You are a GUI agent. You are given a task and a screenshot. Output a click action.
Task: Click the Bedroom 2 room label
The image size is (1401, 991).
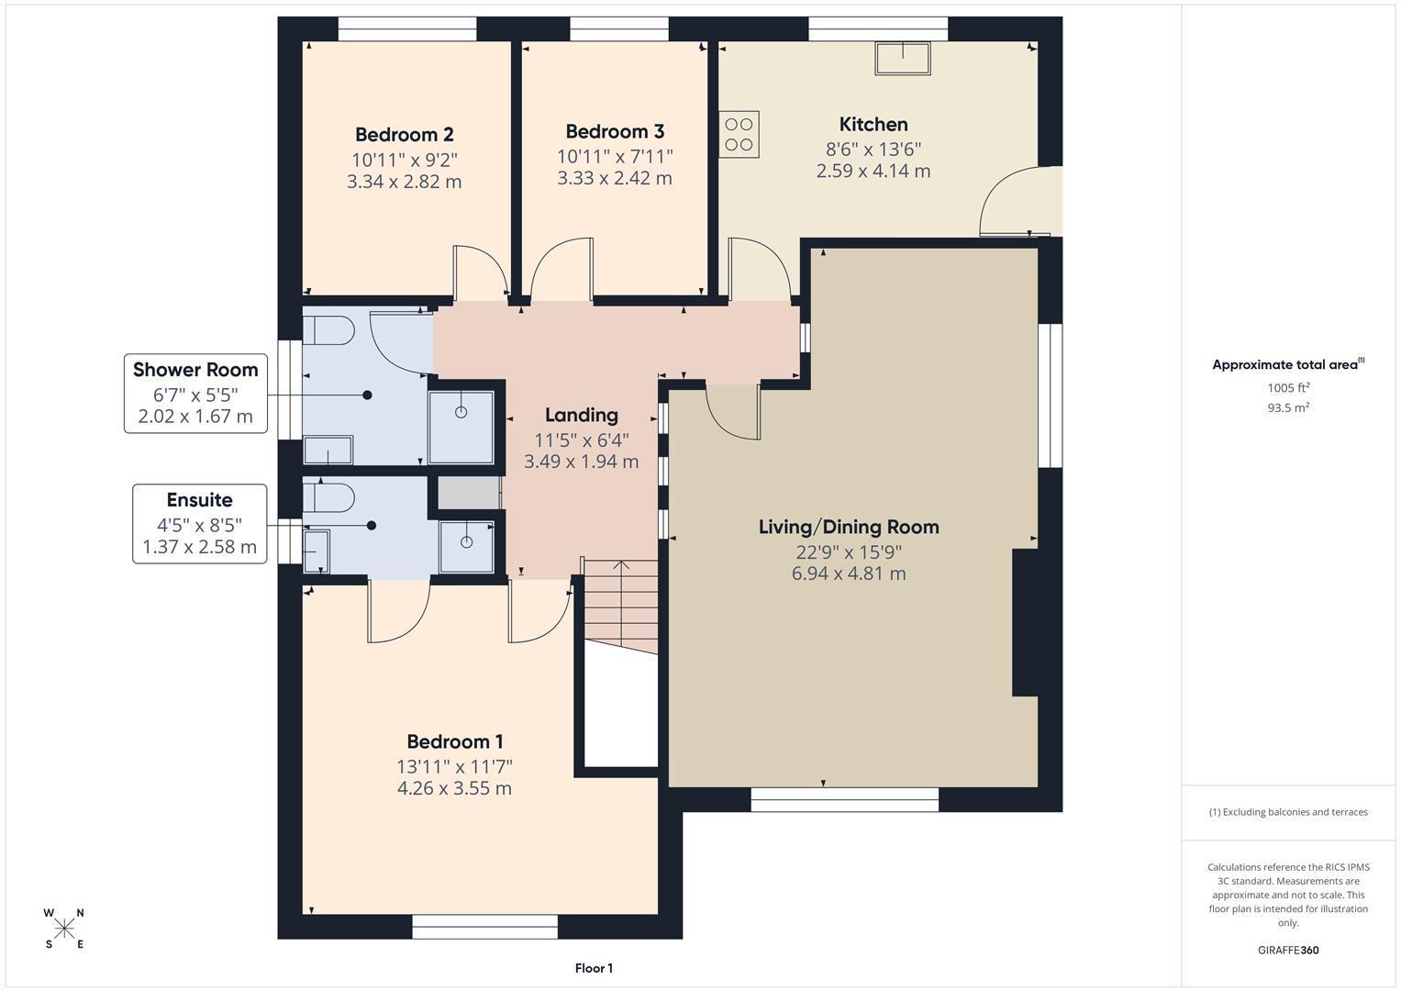coord(405,135)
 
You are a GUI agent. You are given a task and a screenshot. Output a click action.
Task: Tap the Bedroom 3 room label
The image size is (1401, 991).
coord(615,132)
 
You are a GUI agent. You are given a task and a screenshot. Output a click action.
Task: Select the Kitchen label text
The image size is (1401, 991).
coord(873,125)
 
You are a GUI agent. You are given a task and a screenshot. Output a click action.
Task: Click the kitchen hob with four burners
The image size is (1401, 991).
coord(739,135)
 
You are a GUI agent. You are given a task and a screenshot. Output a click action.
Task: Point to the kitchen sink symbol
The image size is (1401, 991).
coord(902,59)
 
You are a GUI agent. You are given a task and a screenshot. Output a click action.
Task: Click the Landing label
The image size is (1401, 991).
coord(581,415)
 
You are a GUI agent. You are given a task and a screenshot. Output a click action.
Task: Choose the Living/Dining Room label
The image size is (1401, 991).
coord(849,528)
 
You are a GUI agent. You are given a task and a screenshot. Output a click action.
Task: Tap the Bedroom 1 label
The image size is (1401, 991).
coord(454,741)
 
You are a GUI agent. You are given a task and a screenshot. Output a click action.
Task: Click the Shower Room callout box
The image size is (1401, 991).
coord(195,394)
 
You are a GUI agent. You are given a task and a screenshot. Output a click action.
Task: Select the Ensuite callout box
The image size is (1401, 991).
coord(199,524)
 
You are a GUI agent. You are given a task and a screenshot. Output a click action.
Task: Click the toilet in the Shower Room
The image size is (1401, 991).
coord(328,331)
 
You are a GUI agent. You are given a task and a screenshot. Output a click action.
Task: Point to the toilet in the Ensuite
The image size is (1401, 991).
coord(328,497)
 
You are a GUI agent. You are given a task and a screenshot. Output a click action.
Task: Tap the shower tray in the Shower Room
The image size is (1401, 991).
coord(461,427)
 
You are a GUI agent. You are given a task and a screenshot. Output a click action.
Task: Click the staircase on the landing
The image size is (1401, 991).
coord(620,607)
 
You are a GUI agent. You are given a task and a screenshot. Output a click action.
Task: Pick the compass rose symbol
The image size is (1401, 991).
coord(64,929)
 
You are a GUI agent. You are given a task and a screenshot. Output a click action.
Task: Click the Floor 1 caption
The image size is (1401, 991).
coord(594,968)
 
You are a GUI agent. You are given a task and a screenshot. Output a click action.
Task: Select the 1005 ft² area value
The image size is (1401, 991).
coord(1288,388)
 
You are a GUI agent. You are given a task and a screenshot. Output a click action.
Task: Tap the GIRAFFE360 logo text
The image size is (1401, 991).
coord(1288,951)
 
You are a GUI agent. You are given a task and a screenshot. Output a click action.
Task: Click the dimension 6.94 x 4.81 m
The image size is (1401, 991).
coord(849,574)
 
